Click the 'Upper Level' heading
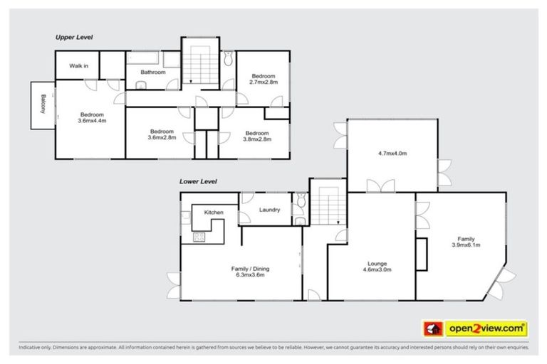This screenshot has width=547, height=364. [x=74, y=37]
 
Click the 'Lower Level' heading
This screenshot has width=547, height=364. [x=199, y=181]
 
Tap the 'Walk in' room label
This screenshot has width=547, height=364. [x=78, y=66]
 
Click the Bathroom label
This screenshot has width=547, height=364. [x=152, y=73]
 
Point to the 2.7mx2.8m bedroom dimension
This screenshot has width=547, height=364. [x=263, y=82]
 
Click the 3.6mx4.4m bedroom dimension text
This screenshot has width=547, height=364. [x=92, y=121]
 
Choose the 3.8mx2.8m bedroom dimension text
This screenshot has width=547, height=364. [x=257, y=139]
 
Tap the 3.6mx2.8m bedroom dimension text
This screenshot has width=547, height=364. [x=162, y=137]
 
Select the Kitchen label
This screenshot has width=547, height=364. [x=214, y=213]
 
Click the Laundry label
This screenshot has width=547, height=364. [x=269, y=210]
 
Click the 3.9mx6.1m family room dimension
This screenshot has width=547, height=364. [x=466, y=245]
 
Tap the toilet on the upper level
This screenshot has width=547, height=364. [x=227, y=59]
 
